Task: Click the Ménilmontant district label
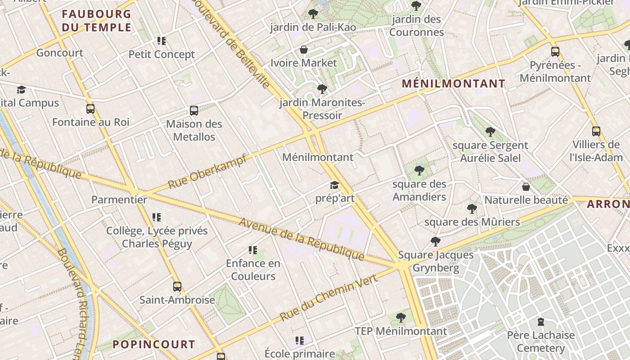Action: click(454, 84)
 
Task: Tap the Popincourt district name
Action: click(153, 345)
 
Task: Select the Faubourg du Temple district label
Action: click(97, 21)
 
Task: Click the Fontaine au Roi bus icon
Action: click(90, 109)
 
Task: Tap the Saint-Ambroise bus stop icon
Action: click(177, 287)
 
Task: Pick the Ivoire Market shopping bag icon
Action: click(304, 49)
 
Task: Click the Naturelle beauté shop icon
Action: click(526, 187)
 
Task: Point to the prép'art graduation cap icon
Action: click(334, 185)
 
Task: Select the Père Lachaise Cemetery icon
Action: click(541, 322)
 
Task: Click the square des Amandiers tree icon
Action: click(419, 171)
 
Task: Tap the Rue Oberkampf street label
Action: click(207, 171)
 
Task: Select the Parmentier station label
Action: click(119, 200)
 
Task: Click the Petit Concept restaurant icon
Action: click(162, 41)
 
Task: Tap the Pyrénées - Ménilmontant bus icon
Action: click(555, 52)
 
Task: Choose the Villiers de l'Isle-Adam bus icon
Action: click(596, 131)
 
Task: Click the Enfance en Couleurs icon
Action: click(253, 250)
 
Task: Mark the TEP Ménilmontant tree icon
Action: click(401, 318)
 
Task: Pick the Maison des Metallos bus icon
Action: click(194, 111)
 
